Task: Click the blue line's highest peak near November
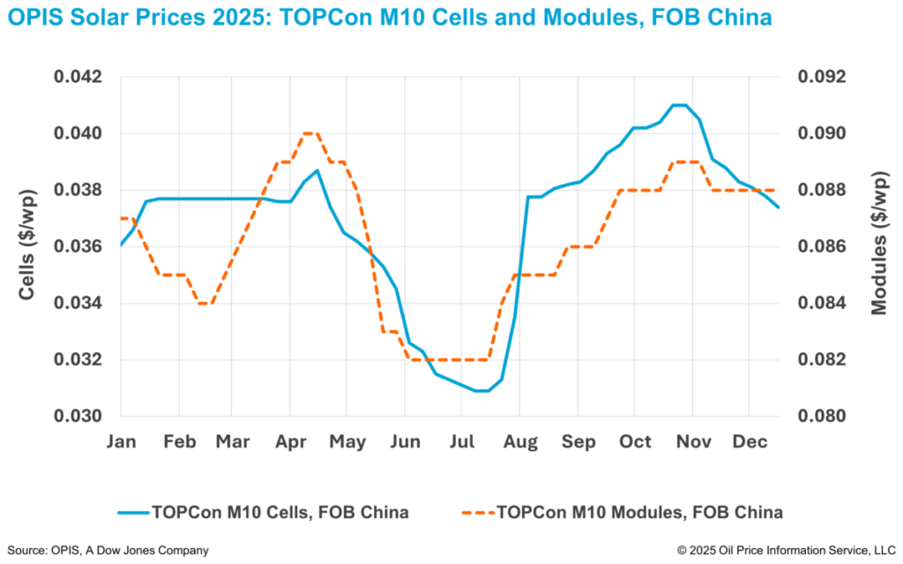click(679, 105)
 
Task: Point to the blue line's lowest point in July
click(481, 390)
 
